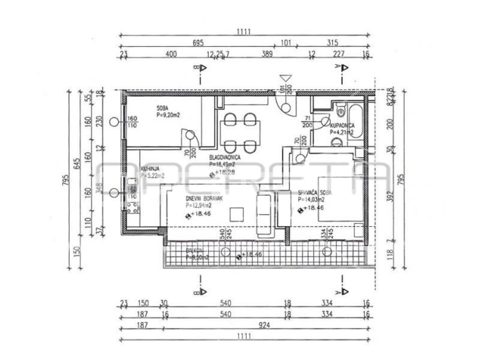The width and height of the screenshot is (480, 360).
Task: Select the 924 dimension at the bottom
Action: pyautogui.click(x=264, y=326)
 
